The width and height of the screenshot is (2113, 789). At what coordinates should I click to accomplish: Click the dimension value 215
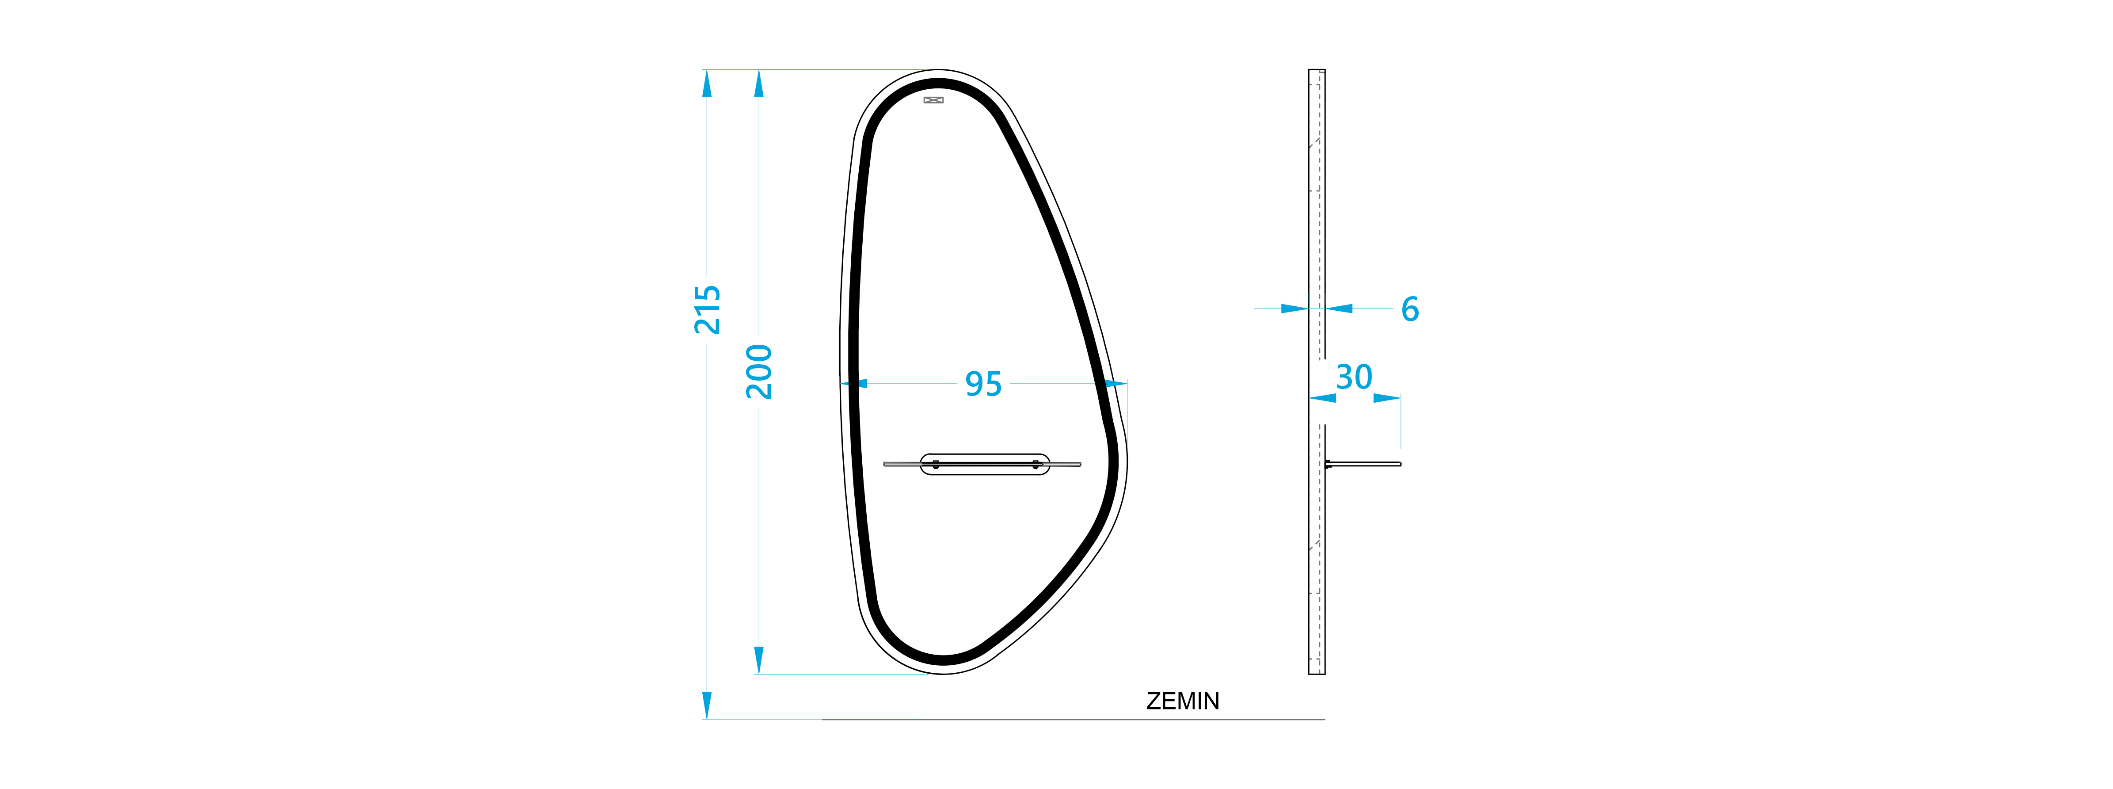707,309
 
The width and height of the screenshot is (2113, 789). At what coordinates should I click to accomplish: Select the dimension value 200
759,372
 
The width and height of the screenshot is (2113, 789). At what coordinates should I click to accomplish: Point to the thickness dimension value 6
1410,309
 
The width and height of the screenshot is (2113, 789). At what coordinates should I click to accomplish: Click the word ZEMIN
1183,701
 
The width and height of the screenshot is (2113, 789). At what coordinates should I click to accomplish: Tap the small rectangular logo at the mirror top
933,100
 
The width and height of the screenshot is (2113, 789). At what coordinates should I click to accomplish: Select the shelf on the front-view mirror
982,464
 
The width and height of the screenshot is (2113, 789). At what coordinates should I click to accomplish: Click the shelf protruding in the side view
1363,464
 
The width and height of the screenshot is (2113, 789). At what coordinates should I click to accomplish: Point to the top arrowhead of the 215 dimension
707,83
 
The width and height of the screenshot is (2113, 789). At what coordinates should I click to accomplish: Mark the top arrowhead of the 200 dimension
759,83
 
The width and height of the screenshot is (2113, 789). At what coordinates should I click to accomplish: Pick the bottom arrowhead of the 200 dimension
759,661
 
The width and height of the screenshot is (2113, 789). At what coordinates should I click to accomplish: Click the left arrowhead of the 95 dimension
854,384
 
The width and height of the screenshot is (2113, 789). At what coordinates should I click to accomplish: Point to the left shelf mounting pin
936,464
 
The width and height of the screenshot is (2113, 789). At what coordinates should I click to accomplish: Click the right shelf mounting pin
1035,464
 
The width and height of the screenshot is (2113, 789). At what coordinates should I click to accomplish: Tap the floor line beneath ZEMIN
1073,719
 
